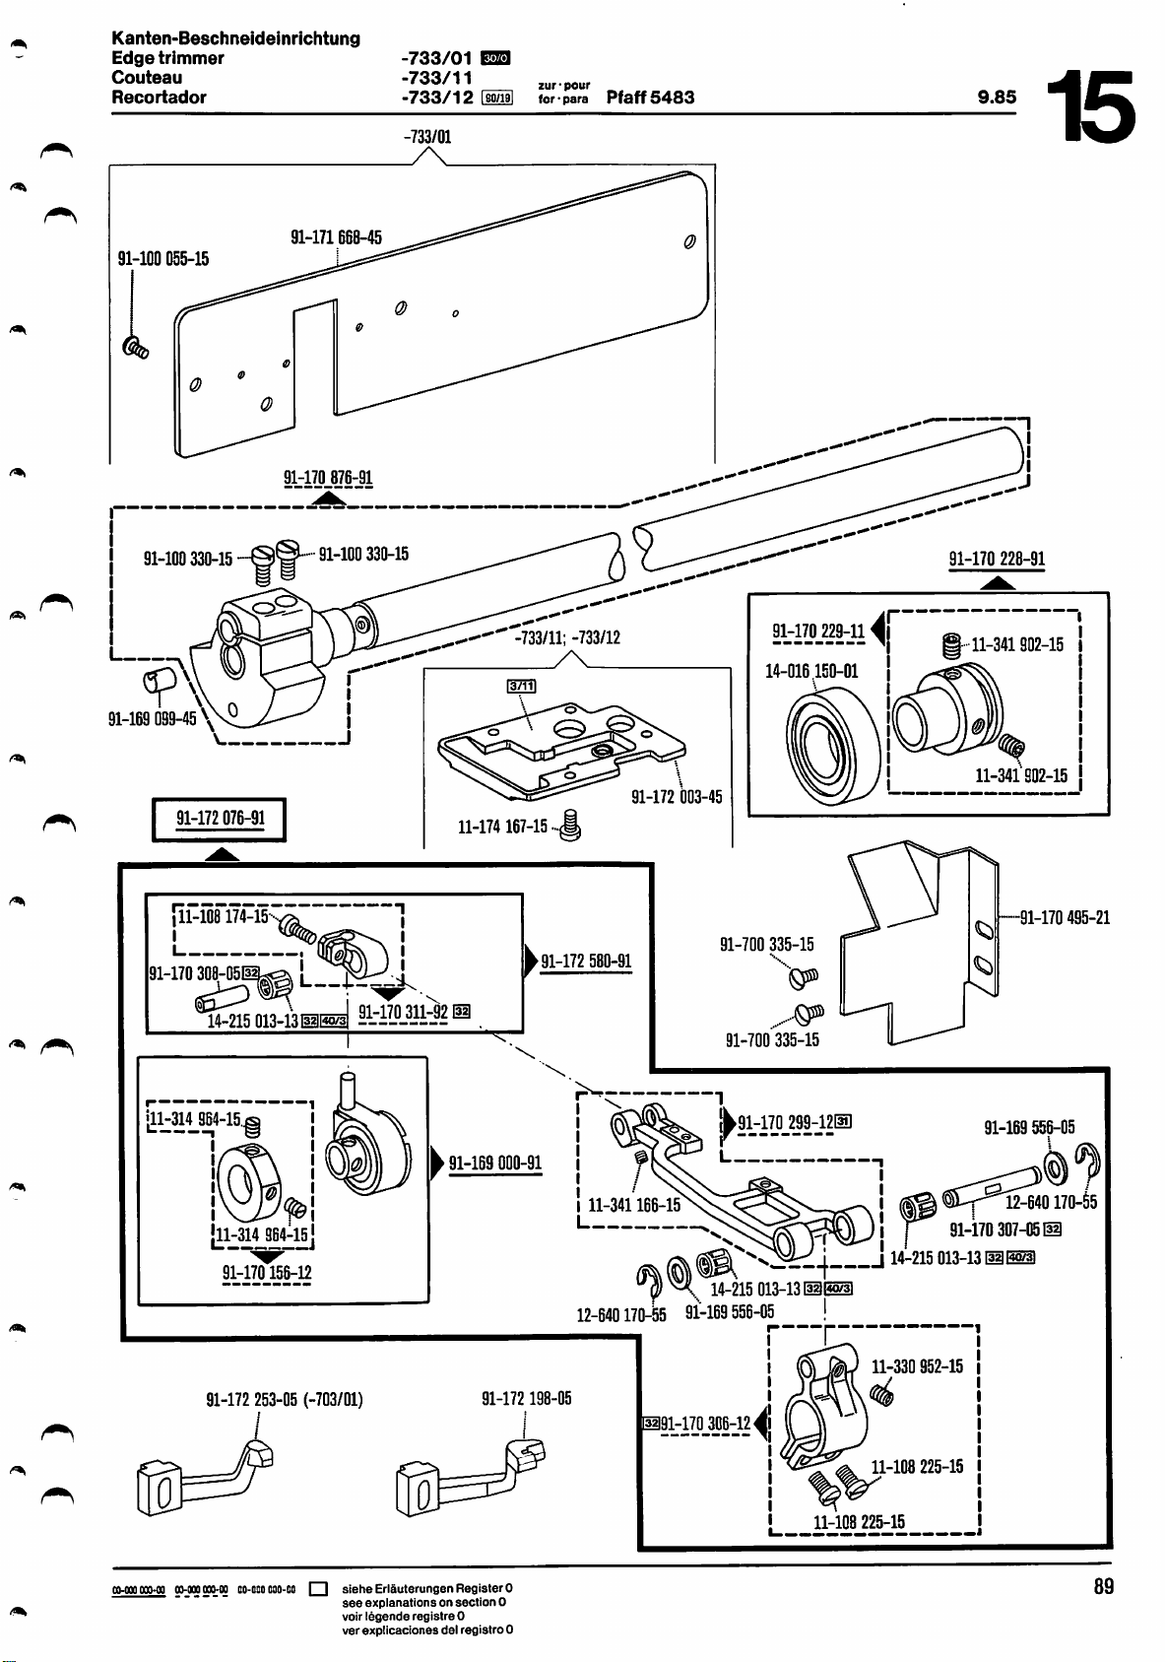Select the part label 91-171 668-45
[x=336, y=237]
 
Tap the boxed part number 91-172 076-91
[x=220, y=820]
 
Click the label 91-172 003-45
[x=677, y=796]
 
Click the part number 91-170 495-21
[x=1065, y=918]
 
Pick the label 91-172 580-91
[x=586, y=961]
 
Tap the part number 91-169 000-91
[x=495, y=1163]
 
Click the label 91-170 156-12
[x=267, y=1273]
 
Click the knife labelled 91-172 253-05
[x=205, y=1475]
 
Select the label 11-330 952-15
[x=917, y=1366]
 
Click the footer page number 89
[x=1103, y=1586]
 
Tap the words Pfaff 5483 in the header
[x=650, y=98]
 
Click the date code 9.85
[x=997, y=98]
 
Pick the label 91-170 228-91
[x=997, y=560]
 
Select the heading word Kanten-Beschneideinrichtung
[x=235, y=38]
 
